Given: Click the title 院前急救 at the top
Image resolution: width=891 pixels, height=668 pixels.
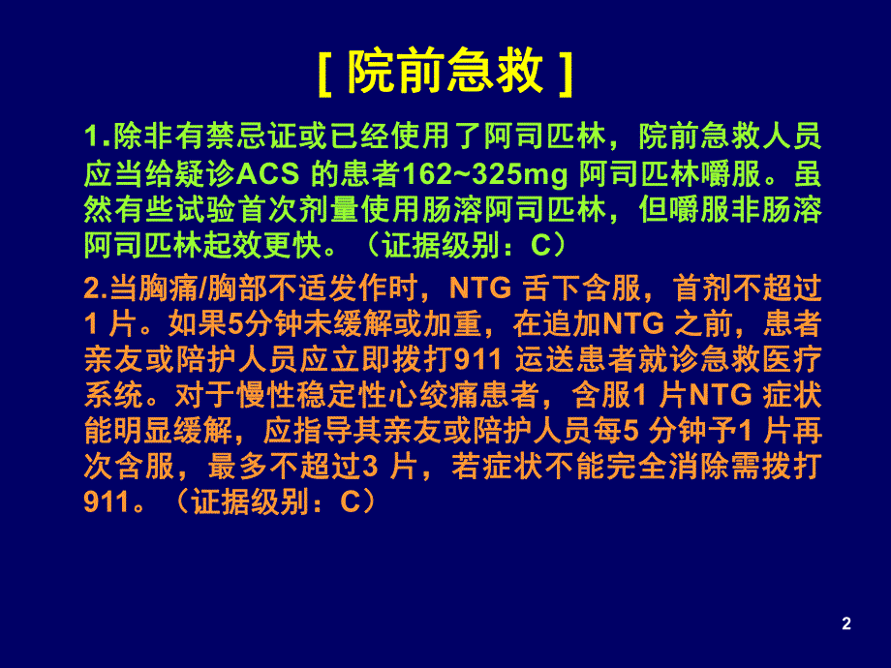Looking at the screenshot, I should point(445,73).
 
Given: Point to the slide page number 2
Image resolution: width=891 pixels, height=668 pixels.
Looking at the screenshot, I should point(846,624).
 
